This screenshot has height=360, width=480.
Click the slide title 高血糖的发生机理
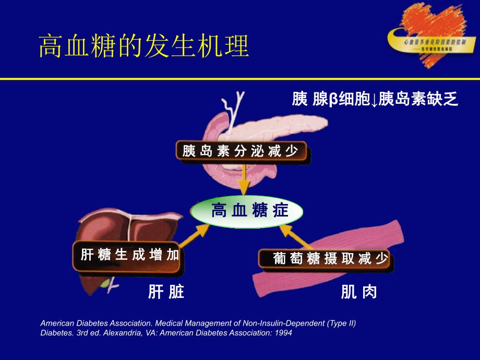(x=145, y=46)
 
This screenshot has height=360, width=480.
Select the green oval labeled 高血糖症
(x=246, y=212)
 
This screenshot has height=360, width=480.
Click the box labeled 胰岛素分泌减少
(x=241, y=152)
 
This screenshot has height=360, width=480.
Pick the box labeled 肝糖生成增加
(x=130, y=255)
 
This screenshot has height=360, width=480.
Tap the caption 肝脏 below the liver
(x=166, y=292)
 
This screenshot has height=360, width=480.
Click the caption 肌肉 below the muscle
(x=358, y=292)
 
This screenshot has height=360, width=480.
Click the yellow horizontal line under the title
(x=240, y=79)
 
